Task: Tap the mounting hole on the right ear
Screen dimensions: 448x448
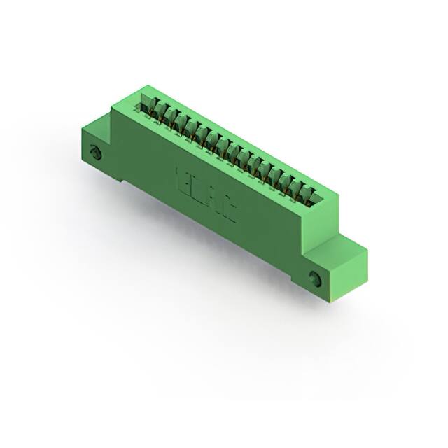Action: (314, 279)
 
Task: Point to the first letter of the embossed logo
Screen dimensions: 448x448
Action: (184, 176)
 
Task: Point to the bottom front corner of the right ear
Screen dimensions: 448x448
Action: (329, 302)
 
